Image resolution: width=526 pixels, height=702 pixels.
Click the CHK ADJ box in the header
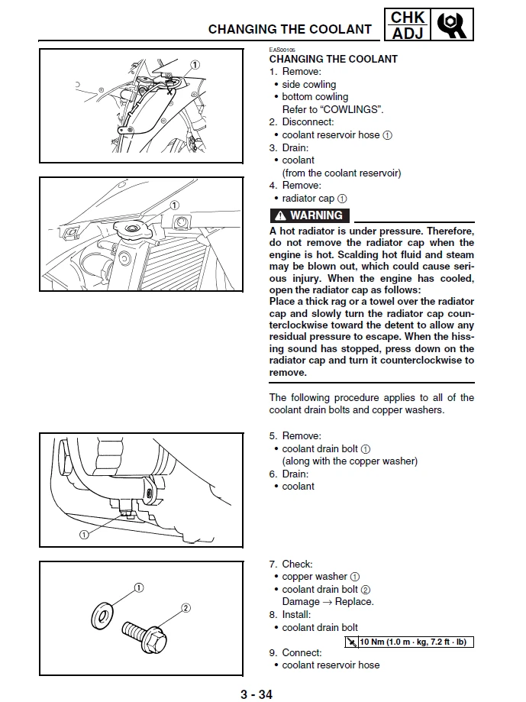point(408,24)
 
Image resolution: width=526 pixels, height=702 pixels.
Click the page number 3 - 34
point(256,694)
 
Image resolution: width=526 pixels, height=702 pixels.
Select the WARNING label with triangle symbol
point(310,215)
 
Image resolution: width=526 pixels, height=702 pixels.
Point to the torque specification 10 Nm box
point(408,642)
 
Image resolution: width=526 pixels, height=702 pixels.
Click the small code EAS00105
point(282,50)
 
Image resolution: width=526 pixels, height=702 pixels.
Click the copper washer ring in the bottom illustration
point(100,614)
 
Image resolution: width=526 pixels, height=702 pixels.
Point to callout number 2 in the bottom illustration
point(185,608)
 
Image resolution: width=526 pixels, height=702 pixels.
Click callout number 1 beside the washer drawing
point(139,587)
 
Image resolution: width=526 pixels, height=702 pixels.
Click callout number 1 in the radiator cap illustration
point(175,205)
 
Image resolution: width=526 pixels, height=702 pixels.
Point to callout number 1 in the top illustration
point(195,65)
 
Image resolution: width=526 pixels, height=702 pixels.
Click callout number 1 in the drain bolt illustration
point(84,534)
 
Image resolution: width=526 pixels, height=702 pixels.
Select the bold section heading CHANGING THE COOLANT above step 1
point(333,59)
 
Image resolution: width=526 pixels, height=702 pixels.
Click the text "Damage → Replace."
point(328,602)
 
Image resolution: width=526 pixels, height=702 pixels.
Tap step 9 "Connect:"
point(295,652)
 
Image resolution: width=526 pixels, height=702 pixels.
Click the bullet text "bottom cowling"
point(315,97)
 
